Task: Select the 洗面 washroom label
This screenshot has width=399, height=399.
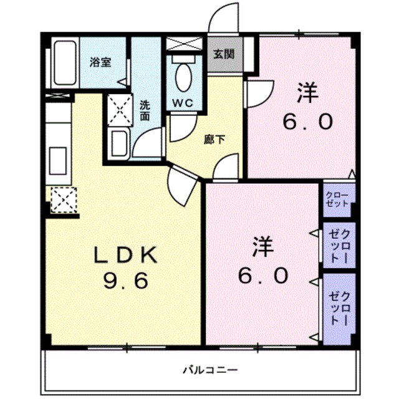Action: pyautogui.click(x=145, y=110)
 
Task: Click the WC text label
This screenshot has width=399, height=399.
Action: pyautogui.click(x=184, y=102)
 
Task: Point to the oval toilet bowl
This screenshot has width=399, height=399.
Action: pyautogui.click(x=184, y=78)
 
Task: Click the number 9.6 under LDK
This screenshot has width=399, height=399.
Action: pyautogui.click(x=125, y=282)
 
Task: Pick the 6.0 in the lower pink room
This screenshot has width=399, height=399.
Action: pyautogui.click(x=264, y=274)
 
